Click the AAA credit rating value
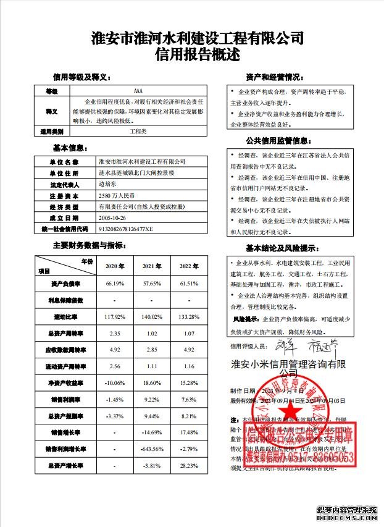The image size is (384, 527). coord(128,91)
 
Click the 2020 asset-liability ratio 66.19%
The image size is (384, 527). coord(115,283)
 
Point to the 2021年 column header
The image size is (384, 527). coord(152,266)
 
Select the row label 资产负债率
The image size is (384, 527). coord(65,283)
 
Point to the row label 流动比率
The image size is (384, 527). coord(65,316)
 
